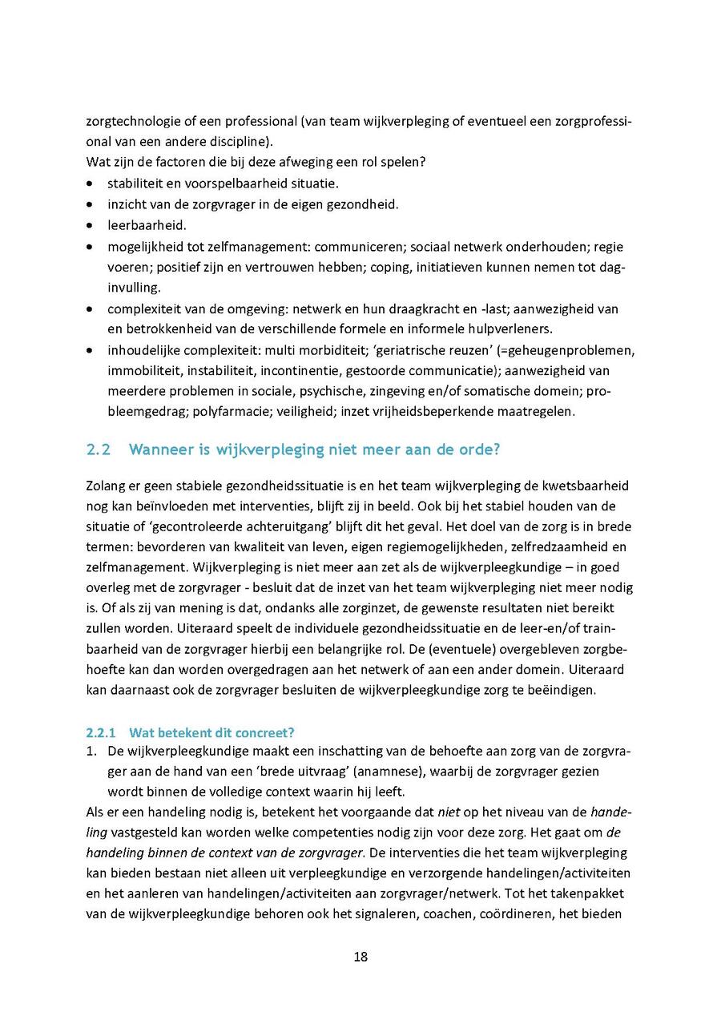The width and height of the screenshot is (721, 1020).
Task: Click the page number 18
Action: [x=360, y=957]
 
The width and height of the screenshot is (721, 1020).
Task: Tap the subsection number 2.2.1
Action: [x=101, y=732]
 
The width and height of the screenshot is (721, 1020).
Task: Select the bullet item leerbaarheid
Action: [x=147, y=225]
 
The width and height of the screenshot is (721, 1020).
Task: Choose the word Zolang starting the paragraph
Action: [x=105, y=486]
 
